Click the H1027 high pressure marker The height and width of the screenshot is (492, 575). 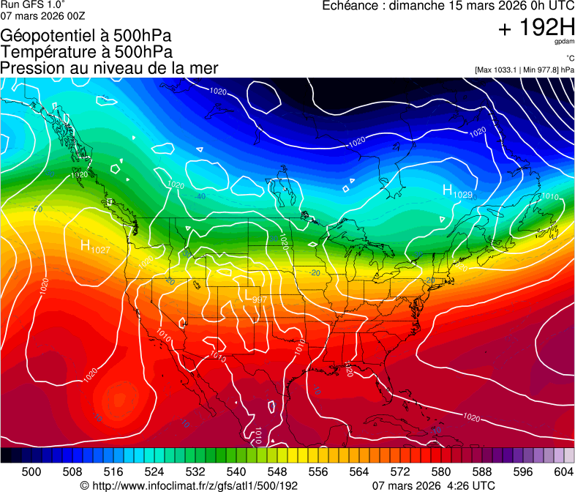94,247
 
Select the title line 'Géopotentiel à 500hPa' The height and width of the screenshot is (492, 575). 86,36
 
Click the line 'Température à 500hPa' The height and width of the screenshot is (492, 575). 86,52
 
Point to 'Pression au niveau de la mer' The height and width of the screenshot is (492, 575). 109,68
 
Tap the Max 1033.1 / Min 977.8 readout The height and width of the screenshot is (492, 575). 524,70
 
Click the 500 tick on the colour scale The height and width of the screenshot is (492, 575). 31,471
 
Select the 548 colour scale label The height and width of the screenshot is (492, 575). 277,471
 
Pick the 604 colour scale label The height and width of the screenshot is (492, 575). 564,471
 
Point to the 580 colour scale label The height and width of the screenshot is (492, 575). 441,471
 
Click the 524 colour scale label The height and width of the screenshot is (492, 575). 154,471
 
